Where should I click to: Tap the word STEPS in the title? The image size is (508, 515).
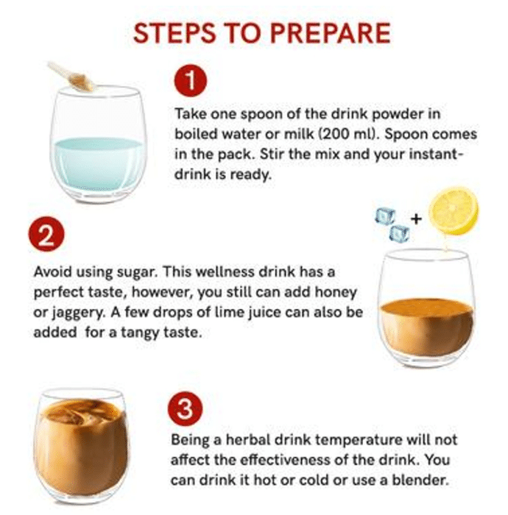(174, 33)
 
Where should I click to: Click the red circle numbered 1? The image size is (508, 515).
(190, 81)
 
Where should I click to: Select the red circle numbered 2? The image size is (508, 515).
(46, 235)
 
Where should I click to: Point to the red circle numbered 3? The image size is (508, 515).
(185, 409)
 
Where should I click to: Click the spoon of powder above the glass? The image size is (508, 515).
(73, 77)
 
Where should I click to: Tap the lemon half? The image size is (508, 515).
(454, 210)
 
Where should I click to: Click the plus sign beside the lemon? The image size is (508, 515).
(416, 218)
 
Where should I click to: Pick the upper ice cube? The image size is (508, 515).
(385, 216)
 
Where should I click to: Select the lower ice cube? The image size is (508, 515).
(400, 233)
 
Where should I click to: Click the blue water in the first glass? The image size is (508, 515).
(99, 163)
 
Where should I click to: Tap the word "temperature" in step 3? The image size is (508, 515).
(359, 440)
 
